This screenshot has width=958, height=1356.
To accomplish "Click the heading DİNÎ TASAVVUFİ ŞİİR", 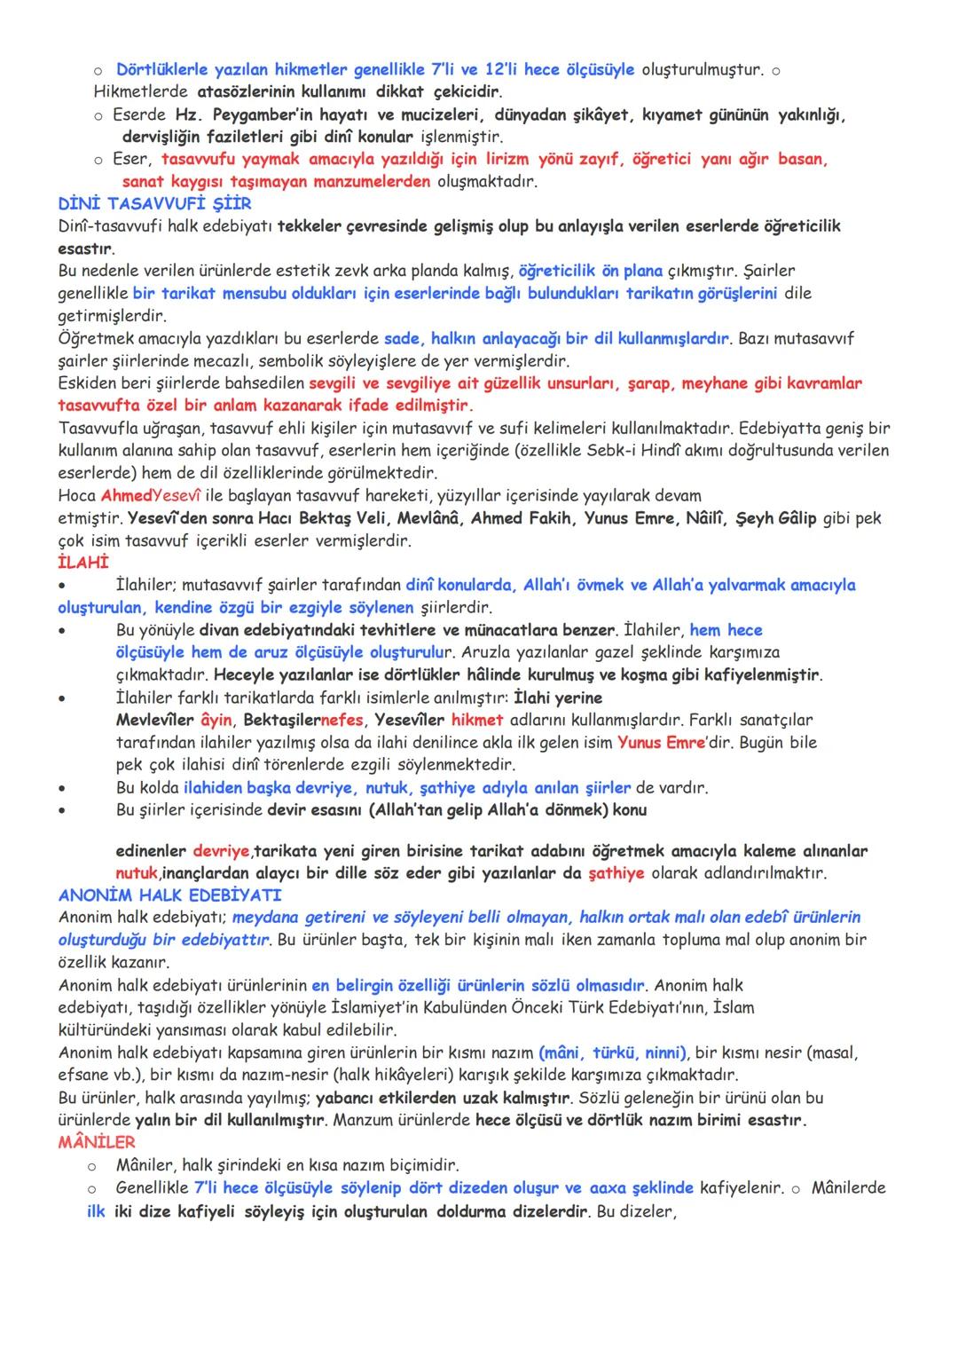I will click(x=154, y=204).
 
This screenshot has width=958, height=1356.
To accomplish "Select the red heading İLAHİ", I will click(x=83, y=563).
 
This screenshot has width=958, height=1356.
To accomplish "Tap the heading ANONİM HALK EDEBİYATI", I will click(x=169, y=895).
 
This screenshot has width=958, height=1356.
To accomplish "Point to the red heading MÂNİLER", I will click(x=97, y=1142).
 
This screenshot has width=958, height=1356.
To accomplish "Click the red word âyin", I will click(x=209, y=720).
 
